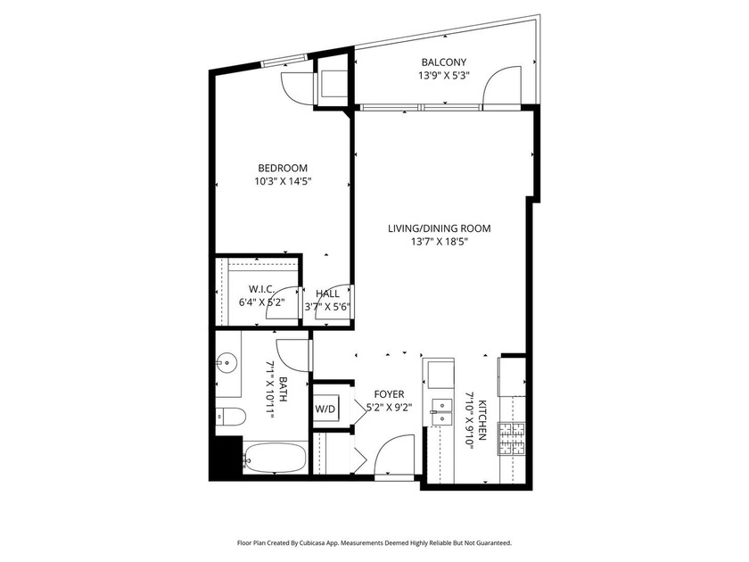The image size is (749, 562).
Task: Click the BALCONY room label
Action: click(x=443, y=62)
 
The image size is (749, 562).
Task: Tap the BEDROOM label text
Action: click(x=283, y=169)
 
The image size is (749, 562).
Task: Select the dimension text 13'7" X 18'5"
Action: click(x=439, y=242)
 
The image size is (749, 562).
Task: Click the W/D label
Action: click(x=325, y=409)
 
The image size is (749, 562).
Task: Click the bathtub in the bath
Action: click(x=275, y=458)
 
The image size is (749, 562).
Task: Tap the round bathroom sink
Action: click(x=226, y=363)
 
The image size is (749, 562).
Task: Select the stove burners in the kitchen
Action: click(x=512, y=439)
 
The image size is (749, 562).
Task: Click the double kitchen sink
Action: click(x=442, y=412)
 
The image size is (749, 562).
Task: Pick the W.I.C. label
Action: click(x=261, y=289)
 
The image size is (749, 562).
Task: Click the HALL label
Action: click(x=328, y=293)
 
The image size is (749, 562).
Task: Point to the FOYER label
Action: click(x=389, y=394)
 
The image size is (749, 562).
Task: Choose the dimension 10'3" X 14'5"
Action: click(x=283, y=182)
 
